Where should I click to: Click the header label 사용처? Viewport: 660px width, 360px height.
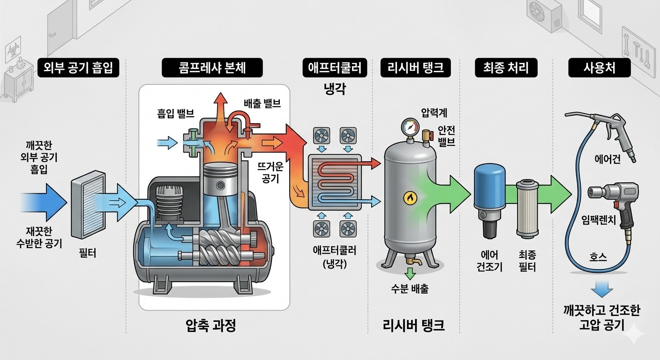pos(599,68)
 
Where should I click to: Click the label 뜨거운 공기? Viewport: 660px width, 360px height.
pos(271,172)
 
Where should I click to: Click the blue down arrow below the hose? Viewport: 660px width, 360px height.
pos(601,289)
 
